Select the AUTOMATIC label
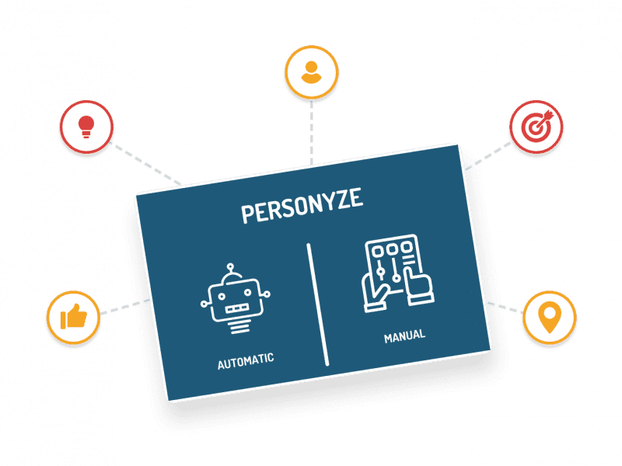[246, 360]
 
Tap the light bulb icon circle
[87, 128]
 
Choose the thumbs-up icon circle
[73, 318]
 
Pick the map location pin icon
[549, 318]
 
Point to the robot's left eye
[225, 293]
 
